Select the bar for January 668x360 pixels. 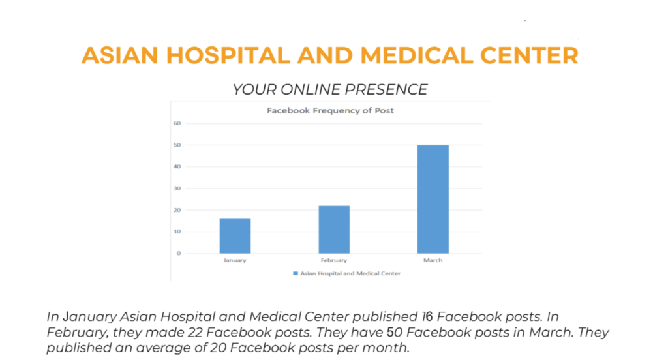coord(235,235)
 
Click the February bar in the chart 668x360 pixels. coord(334,229)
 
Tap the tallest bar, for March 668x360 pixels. coord(433,199)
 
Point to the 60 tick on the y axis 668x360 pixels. coord(177,123)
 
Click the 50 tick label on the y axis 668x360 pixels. coord(177,145)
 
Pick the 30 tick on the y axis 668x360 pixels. coord(177,188)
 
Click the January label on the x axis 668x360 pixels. coord(235,260)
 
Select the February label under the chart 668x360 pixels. coord(334,260)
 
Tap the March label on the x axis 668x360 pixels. coord(433,260)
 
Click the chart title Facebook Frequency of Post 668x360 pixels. coord(330,111)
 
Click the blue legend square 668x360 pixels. coord(296,273)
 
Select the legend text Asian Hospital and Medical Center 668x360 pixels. coord(350,273)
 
